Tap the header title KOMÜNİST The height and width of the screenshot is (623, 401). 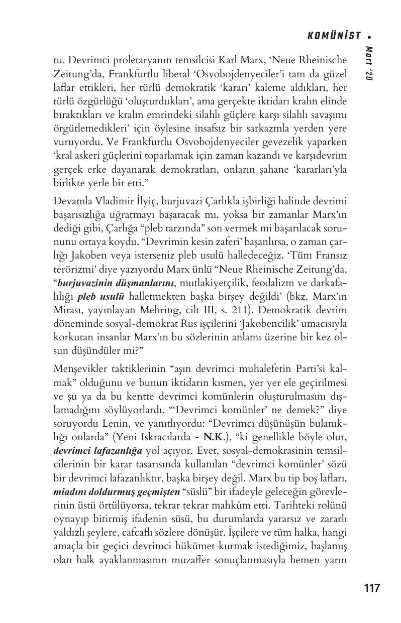334,36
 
